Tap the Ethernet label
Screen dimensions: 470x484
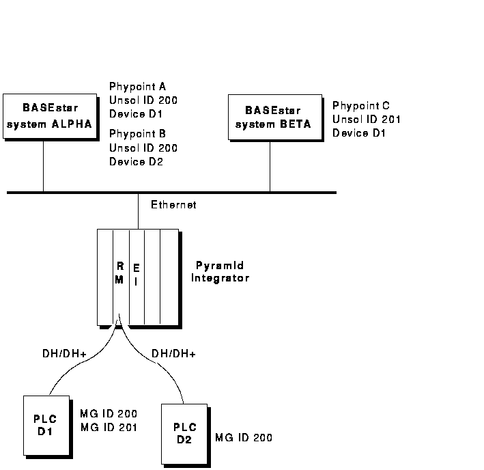(x=173, y=204)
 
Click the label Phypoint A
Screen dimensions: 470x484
(x=137, y=87)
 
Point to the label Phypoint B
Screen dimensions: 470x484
(x=137, y=134)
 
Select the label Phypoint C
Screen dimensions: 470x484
(x=361, y=106)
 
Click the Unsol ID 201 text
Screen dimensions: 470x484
(x=366, y=120)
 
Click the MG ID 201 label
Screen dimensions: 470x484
(x=109, y=428)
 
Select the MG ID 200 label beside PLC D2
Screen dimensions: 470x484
(x=243, y=438)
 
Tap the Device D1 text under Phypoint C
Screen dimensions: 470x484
(x=359, y=133)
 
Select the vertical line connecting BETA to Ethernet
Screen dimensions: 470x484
(x=270, y=167)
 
